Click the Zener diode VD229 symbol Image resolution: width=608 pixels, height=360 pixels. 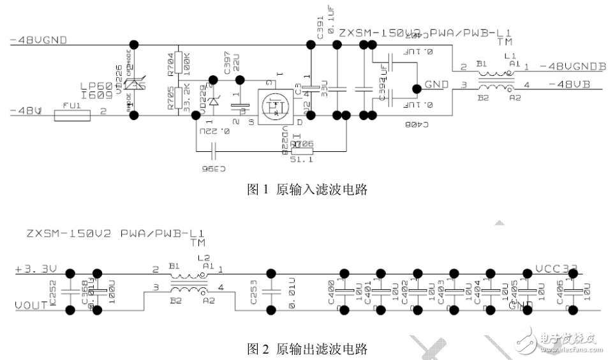tap(214, 100)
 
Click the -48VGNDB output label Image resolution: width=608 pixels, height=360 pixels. tap(568, 66)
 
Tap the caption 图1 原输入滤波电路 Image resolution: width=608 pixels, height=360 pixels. tap(307, 190)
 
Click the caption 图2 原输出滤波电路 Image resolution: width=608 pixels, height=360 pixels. tap(307, 349)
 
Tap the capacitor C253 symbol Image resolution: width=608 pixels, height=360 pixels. tap(271, 292)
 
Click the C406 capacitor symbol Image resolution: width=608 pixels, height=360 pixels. tap(574, 292)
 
